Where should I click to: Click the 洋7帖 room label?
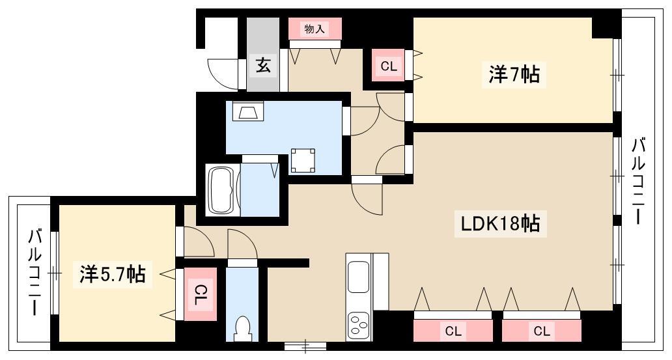point(514,75)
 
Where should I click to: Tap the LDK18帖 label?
point(500,223)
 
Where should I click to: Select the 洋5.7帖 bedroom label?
point(112,274)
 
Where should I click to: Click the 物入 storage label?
point(315,29)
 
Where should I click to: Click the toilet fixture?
point(243,328)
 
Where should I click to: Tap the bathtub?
point(221,190)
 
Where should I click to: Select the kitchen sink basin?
point(358,277)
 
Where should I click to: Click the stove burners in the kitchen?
point(358,325)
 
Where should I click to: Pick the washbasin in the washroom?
point(247,111)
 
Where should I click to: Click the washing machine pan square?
point(303,161)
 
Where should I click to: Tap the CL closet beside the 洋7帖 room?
point(389,66)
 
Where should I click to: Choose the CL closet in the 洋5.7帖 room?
point(200,294)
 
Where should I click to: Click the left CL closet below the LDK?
point(453,331)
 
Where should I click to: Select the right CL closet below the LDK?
point(542,331)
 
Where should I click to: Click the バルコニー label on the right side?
point(638,181)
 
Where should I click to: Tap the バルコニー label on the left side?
point(35,273)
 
